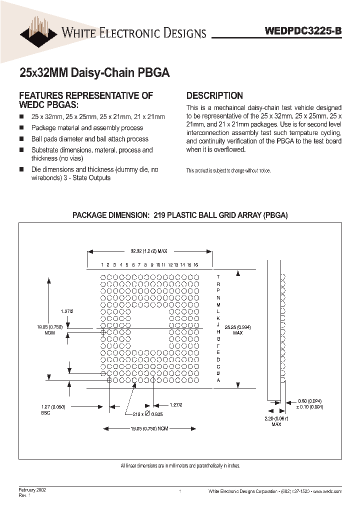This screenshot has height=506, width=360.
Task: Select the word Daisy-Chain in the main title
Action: (x=104, y=72)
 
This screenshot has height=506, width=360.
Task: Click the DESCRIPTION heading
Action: (x=214, y=95)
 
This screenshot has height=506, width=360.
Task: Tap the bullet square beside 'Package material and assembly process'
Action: (x=21, y=128)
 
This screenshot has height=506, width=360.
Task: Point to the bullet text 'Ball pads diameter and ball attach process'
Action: (x=89, y=139)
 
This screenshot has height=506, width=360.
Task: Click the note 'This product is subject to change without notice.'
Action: (x=228, y=170)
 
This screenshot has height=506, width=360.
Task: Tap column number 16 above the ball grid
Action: (x=196, y=264)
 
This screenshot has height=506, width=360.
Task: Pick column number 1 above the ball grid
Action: (x=102, y=264)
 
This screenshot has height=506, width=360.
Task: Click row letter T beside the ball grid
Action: (x=218, y=276)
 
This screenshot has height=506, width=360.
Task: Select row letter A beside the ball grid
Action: (x=218, y=380)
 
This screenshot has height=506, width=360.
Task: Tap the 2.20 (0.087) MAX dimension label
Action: (x=276, y=421)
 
